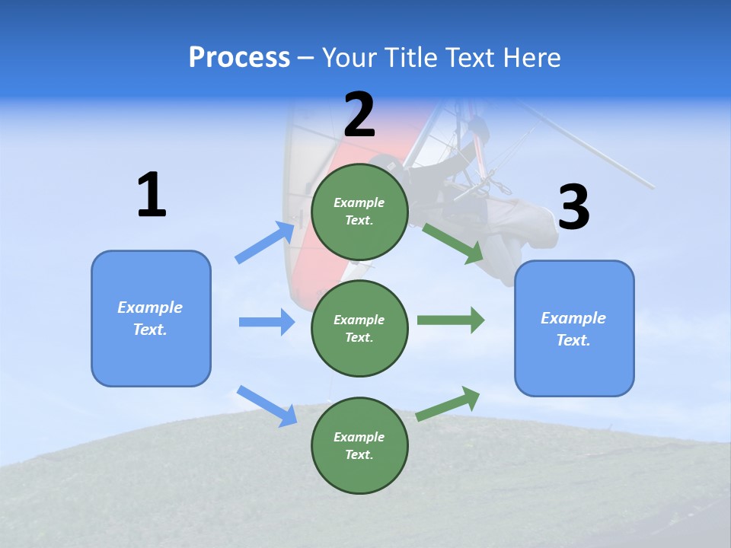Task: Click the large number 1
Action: coord(152,196)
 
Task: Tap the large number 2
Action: coord(359,116)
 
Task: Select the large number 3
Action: coord(573,208)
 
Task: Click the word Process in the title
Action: coord(239,58)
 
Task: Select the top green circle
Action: coord(359,212)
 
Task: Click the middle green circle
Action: coord(359,328)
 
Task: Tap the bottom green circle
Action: coord(359,445)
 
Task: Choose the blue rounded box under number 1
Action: coord(151,318)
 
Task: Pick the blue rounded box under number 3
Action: coord(574,328)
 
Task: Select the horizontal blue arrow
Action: coord(267,322)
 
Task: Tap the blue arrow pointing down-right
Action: coord(267,406)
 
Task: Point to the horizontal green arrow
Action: coord(451,320)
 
